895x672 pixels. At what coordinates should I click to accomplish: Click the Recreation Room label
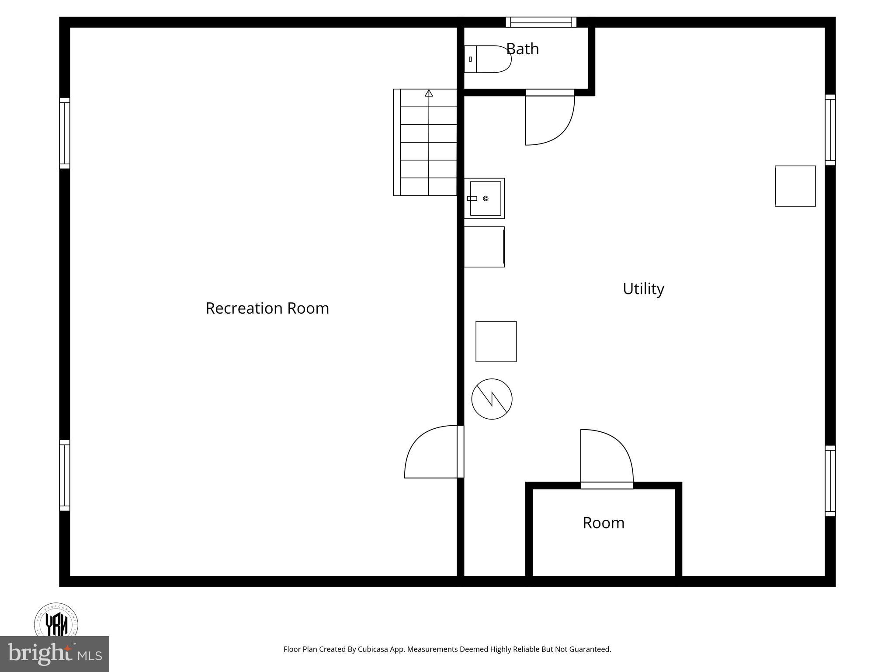click(x=267, y=308)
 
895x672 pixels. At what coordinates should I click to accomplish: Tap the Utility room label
click(x=643, y=289)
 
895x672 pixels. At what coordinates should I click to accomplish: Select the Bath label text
click(x=522, y=49)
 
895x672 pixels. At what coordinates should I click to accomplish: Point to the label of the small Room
click(x=604, y=523)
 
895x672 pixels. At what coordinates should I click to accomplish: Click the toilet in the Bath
click(x=488, y=59)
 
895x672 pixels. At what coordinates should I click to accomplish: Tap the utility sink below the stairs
click(x=485, y=199)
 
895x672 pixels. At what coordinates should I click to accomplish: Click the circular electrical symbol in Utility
click(x=492, y=399)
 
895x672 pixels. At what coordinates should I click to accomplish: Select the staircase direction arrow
click(x=429, y=93)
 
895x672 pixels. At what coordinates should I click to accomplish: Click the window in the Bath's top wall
click(x=541, y=22)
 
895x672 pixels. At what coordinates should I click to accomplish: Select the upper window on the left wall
click(x=65, y=133)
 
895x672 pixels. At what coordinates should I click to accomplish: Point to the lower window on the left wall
click(x=65, y=475)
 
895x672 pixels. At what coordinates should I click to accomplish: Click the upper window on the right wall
click(x=830, y=130)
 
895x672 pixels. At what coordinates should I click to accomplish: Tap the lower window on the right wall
click(x=830, y=481)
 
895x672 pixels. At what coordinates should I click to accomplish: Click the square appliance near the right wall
click(x=795, y=186)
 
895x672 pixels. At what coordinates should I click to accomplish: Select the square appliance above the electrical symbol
click(x=496, y=342)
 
